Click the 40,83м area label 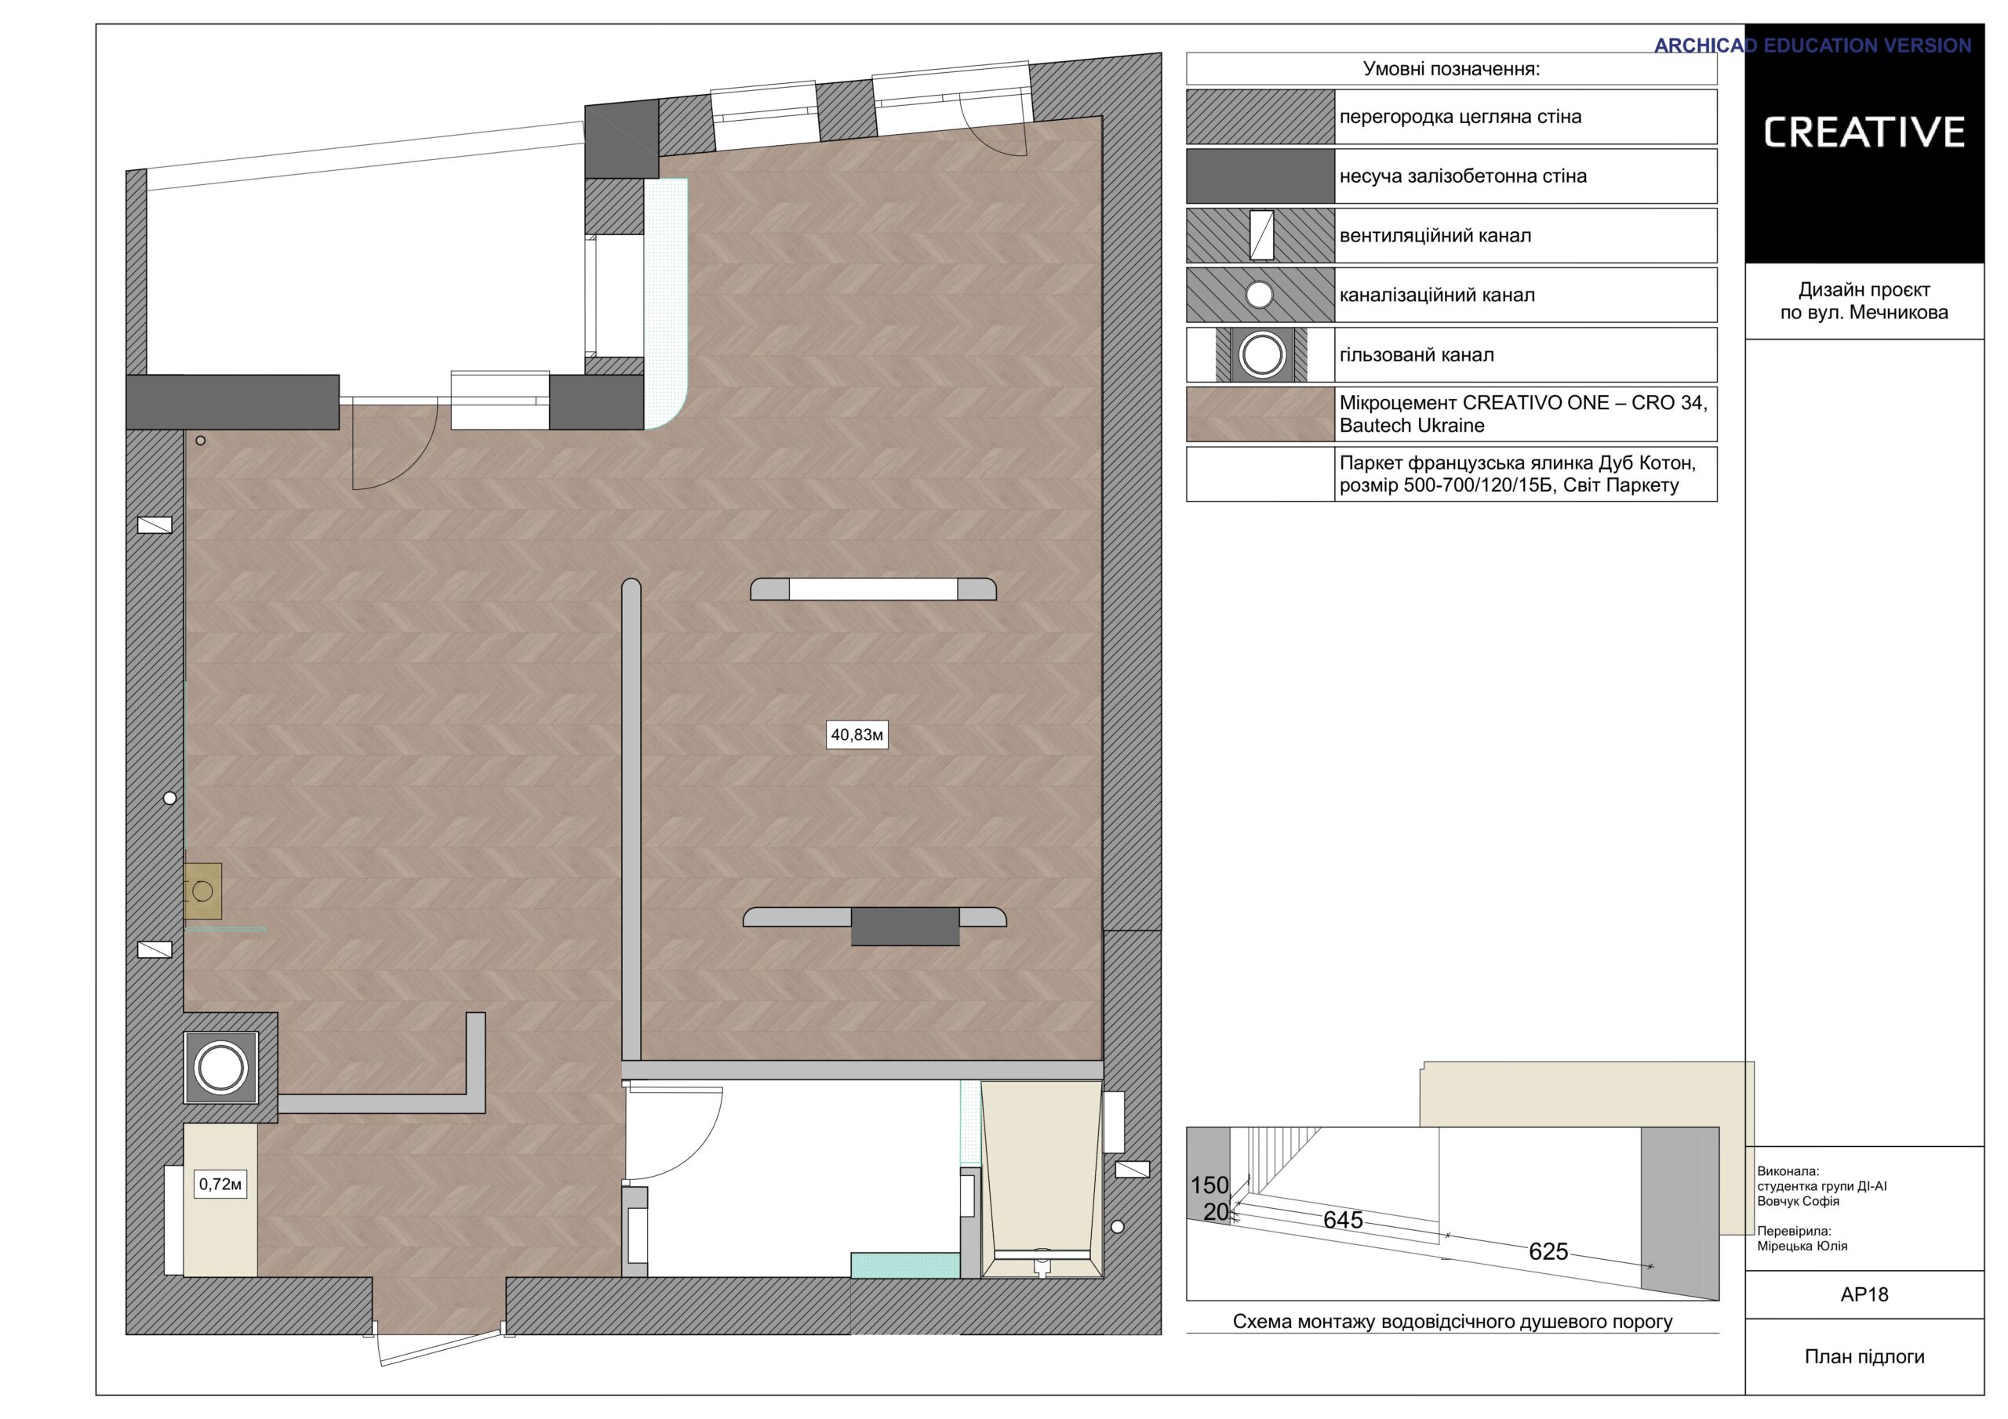point(857,735)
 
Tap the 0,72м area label point(220,1185)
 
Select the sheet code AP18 point(1864,1295)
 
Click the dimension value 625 point(1548,1251)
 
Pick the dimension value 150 point(1210,1185)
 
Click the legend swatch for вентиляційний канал point(1260,235)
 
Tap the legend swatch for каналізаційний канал point(1260,295)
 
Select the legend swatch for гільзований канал point(1260,355)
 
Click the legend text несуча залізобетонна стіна point(1463,176)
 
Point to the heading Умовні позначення point(1451,69)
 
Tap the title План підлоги point(1864,1357)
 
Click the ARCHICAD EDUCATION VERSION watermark point(1812,45)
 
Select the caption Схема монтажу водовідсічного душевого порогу point(1453,1321)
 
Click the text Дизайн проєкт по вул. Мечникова point(1864,301)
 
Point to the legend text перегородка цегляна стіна point(1461,116)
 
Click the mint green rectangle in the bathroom point(905,1265)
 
